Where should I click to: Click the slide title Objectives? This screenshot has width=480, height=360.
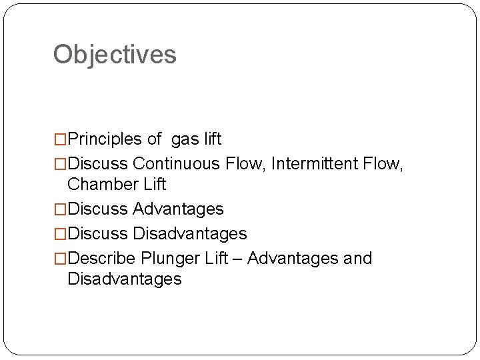(115, 54)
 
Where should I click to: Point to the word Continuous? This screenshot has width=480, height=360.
(180, 163)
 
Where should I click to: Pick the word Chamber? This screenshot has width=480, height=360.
(99, 183)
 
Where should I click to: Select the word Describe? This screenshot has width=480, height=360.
(102, 258)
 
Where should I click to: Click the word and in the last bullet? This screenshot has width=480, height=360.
(357, 258)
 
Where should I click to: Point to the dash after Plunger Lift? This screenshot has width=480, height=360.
(237, 259)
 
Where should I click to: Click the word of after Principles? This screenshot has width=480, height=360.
(154, 139)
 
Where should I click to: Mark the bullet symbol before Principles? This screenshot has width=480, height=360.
(61, 140)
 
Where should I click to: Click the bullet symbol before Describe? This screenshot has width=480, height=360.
(61, 259)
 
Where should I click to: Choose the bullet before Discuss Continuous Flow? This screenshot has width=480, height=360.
(61, 164)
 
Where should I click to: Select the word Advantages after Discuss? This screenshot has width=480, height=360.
(178, 209)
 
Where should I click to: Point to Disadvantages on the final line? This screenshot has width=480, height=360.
(124, 279)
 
